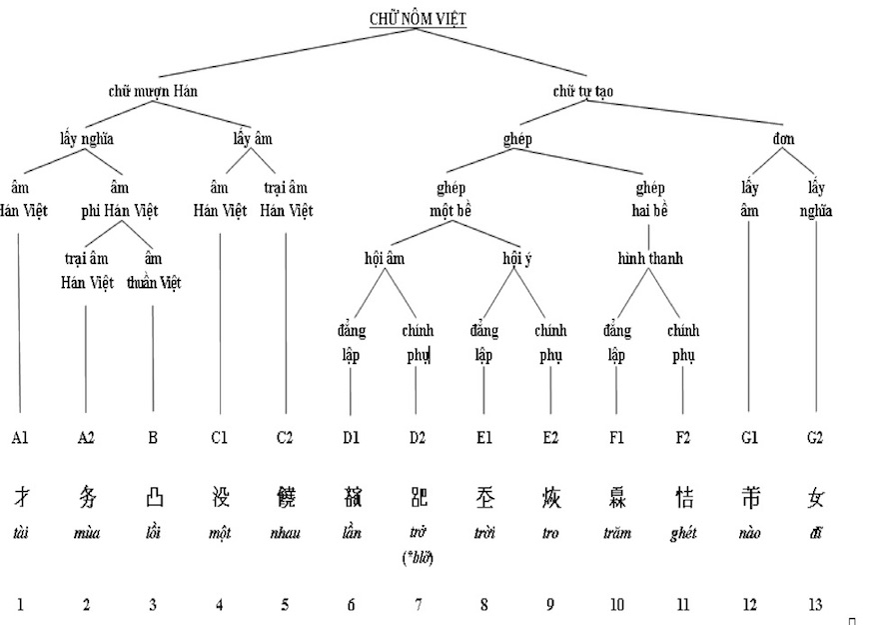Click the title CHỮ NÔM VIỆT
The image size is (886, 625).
[x=418, y=18]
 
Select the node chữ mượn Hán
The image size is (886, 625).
[x=153, y=91]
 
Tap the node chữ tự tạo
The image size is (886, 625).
[x=583, y=91]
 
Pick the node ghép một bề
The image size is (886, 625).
[x=451, y=199]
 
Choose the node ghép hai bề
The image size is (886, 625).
[x=651, y=199]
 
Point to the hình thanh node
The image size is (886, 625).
[x=650, y=259]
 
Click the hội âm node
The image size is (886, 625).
[x=385, y=259]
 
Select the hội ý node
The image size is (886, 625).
[x=517, y=259]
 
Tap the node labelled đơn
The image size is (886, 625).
[x=783, y=139]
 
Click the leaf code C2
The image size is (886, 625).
[x=286, y=437]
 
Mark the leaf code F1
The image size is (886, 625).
[x=616, y=437]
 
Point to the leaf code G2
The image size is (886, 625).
[x=816, y=437]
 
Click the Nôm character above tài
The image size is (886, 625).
[x=20, y=496]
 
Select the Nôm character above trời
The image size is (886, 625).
[x=483, y=497]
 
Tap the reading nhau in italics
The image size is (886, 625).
[x=286, y=533]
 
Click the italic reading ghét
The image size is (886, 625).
[x=683, y=533]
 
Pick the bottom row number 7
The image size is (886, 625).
[x=418, y=604]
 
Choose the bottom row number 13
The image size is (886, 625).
[x=816, y=604]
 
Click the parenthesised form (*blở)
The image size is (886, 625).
[x=418, y=556]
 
